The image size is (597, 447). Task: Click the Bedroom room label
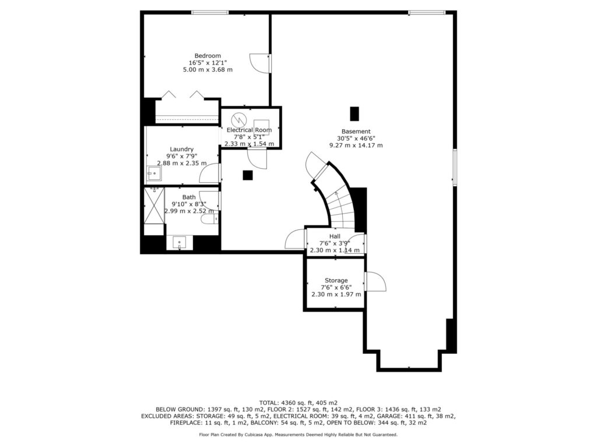(208, 56)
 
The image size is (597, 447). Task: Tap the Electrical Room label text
(249, 130)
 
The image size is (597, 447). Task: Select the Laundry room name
(182, 150)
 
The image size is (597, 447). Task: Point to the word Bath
(189, 197)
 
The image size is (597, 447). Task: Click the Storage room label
(336, 281)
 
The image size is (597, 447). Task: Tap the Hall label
(335, 236)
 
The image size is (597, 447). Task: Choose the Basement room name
(356, 132)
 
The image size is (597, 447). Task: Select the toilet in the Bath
(210, 219)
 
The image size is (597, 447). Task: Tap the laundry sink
(154, 173)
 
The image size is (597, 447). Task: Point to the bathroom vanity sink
(180, 243)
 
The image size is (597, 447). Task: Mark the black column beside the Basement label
(354, 113)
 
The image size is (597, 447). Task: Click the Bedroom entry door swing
(259, 63)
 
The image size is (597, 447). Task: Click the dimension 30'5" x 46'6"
(356, 139)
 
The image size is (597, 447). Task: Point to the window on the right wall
(455, 167)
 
